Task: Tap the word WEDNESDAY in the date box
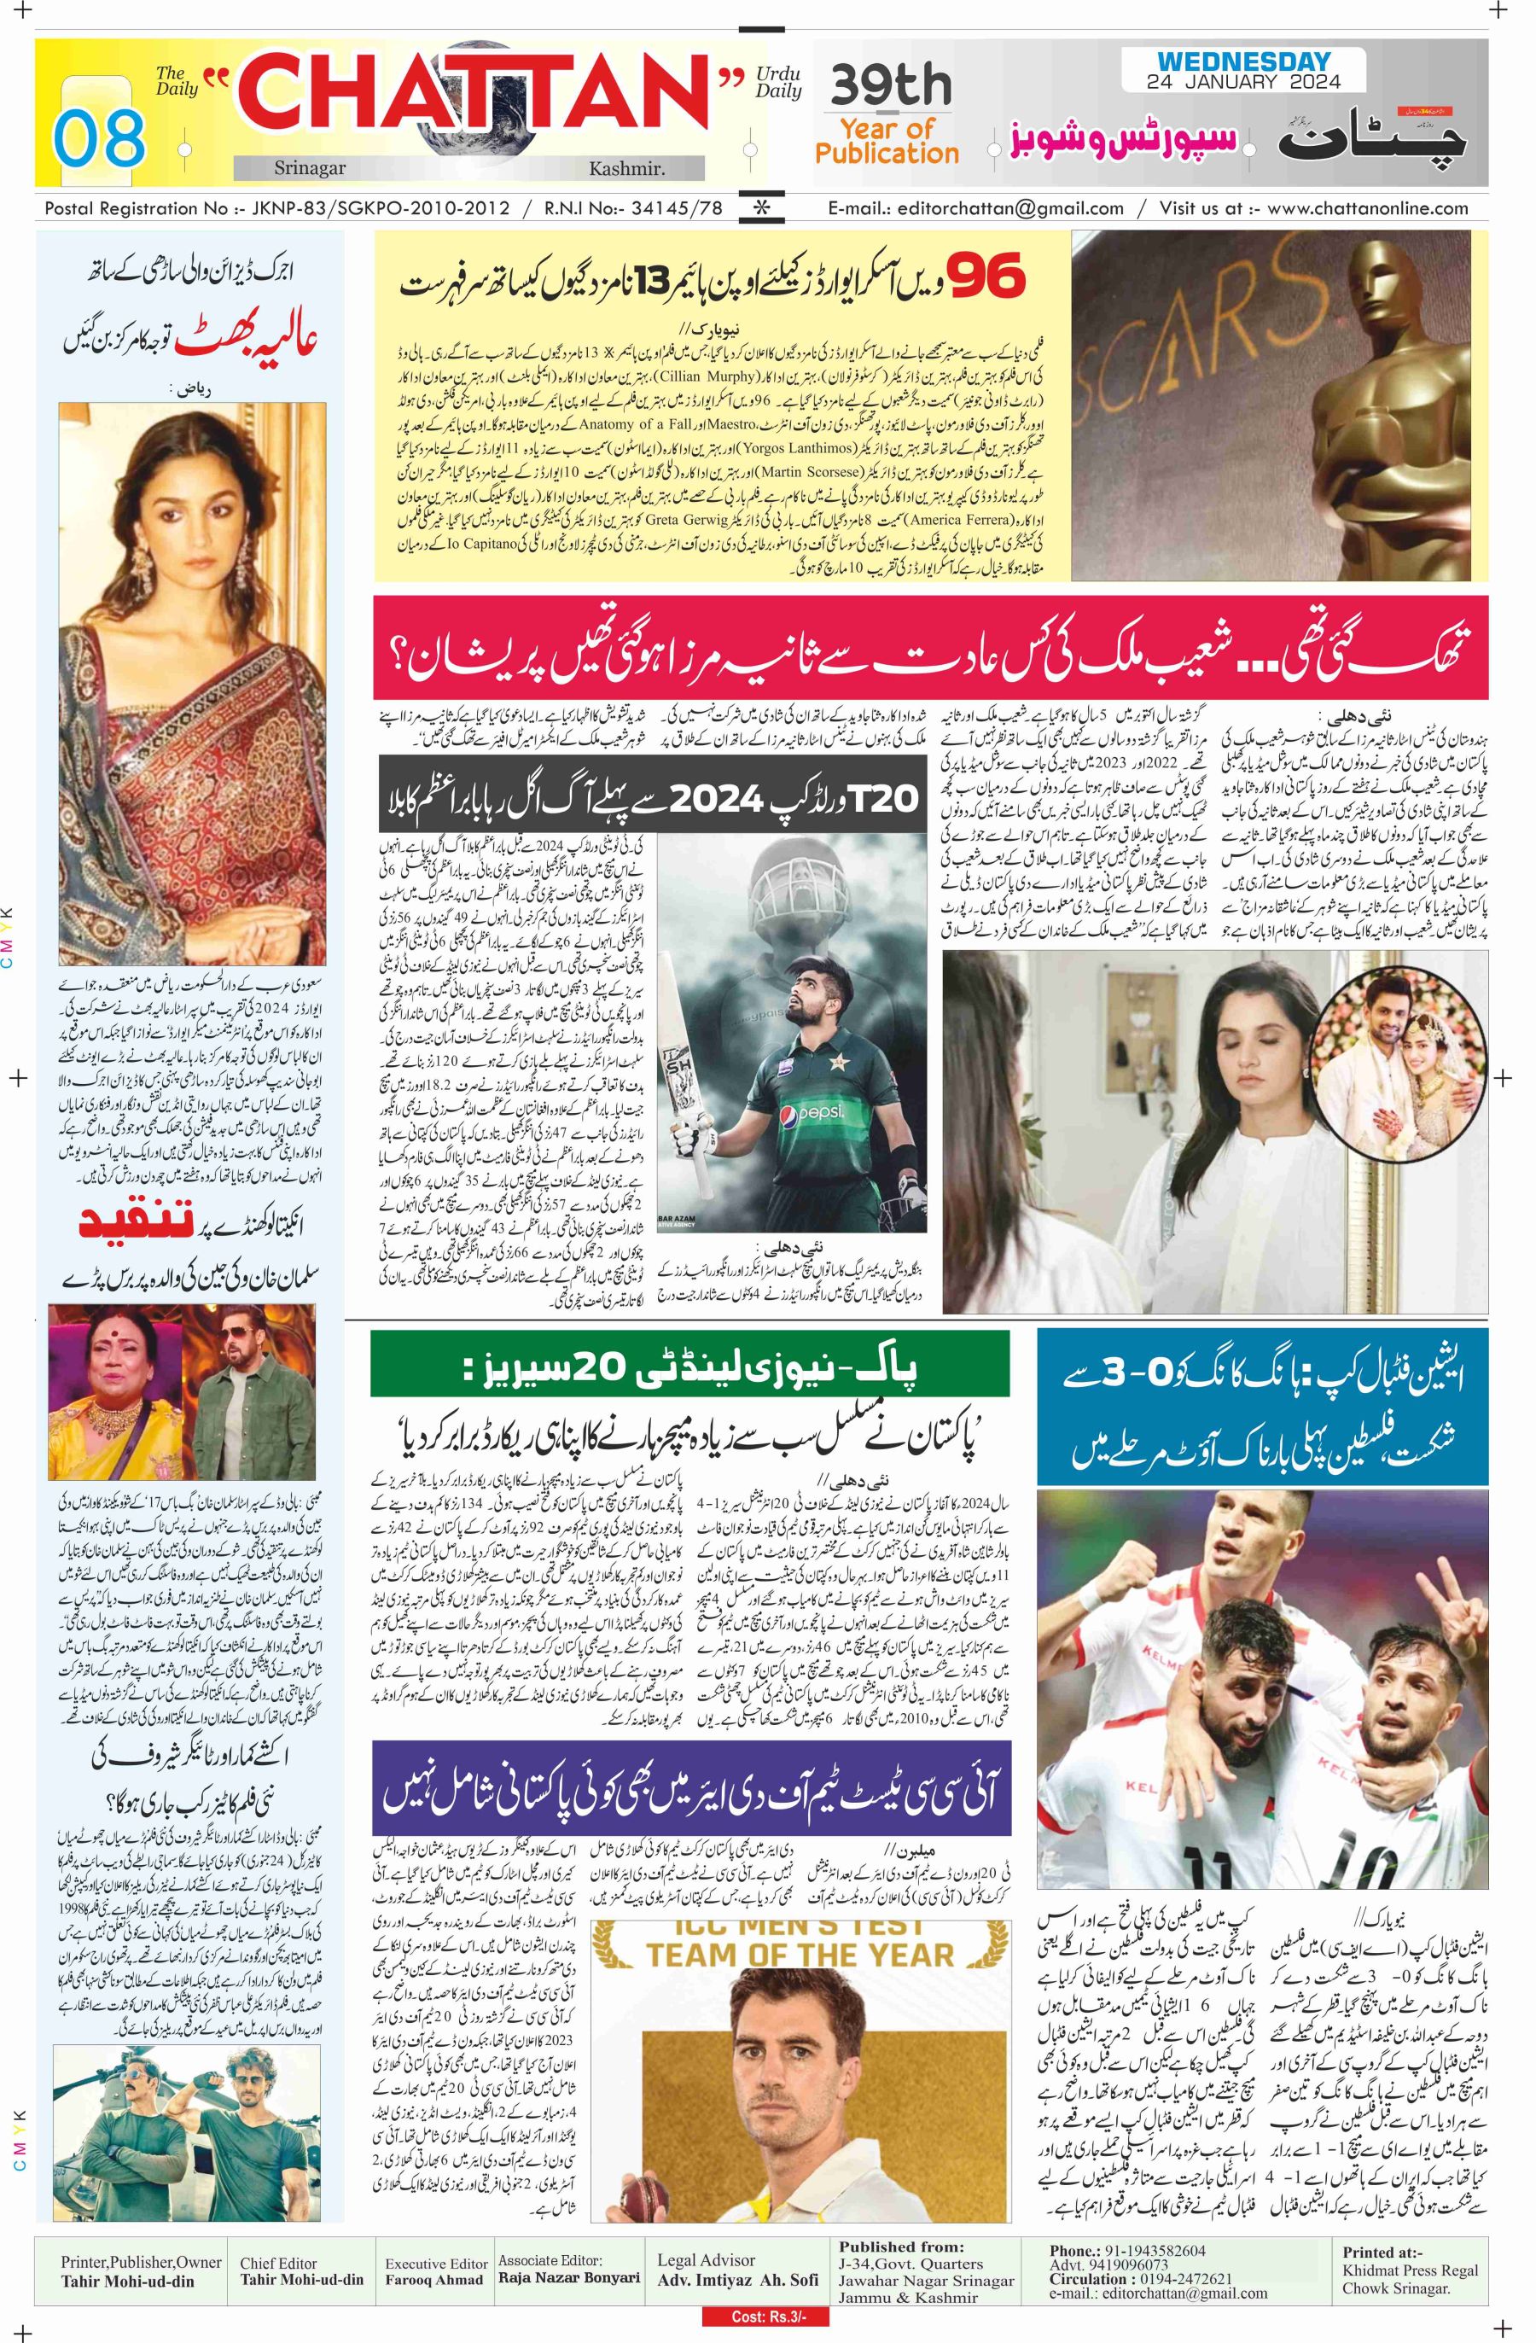point(1242,62)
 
